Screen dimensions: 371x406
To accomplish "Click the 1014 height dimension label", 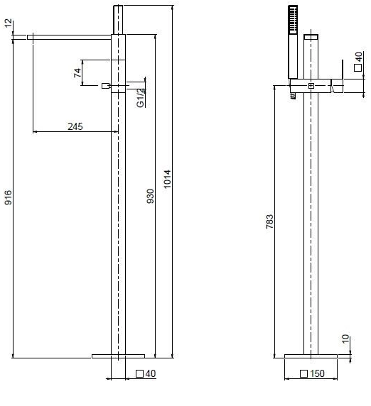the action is click(x=168, y=179).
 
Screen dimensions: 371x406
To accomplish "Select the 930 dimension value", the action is click(x=151, y=196).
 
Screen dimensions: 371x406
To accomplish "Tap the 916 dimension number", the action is click(x=9, y=197).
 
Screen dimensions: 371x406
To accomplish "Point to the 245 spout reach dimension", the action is click(x=75, y=126).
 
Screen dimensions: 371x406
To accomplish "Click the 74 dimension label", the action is click(x=77, y=73).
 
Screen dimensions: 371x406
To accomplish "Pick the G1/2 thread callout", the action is click(x=140, y=98).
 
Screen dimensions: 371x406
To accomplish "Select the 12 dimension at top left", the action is click(x=9, y=23).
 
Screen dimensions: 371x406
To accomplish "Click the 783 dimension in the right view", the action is click(x=269, y=221).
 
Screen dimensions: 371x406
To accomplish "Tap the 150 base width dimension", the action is click(x=317, y=373).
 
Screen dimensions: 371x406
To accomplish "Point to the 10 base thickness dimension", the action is click(x=346, y=339).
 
